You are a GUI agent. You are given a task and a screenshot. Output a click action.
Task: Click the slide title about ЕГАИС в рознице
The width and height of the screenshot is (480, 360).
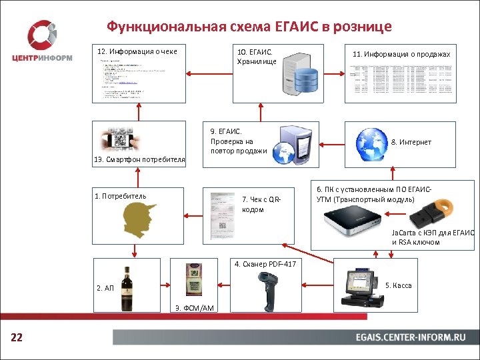tap(249, 27)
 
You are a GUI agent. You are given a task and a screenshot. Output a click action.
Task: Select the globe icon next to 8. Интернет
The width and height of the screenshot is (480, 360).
tap(370, 141)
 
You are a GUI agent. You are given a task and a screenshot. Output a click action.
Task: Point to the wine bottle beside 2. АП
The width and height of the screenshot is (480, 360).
tap(127, 288)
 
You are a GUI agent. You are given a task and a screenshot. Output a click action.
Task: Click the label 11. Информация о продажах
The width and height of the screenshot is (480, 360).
tap(401, 54)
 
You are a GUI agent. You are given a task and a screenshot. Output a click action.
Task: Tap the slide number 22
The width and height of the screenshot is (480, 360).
tap(17, 338)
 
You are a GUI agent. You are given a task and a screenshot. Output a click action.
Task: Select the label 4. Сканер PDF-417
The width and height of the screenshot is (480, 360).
tap(265, 264)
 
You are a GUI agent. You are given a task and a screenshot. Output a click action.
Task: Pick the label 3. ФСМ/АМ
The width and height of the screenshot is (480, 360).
tap(194, 307)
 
